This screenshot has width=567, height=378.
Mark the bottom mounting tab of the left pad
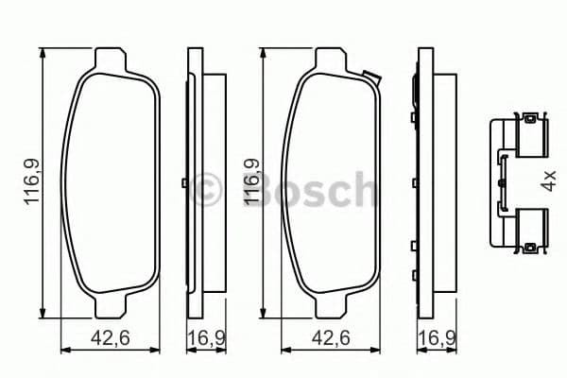tap(112, 309)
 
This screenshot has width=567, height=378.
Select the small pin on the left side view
tap(182, 181)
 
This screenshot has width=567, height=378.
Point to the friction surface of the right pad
tap(334, 184)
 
